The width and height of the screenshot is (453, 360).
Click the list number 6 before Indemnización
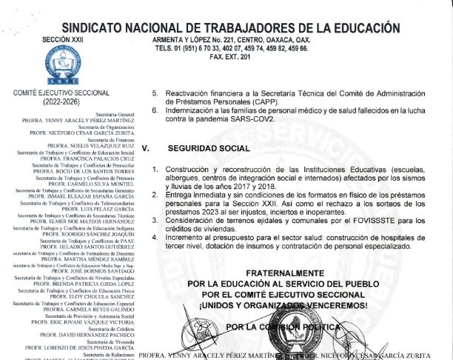click(155, 110)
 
